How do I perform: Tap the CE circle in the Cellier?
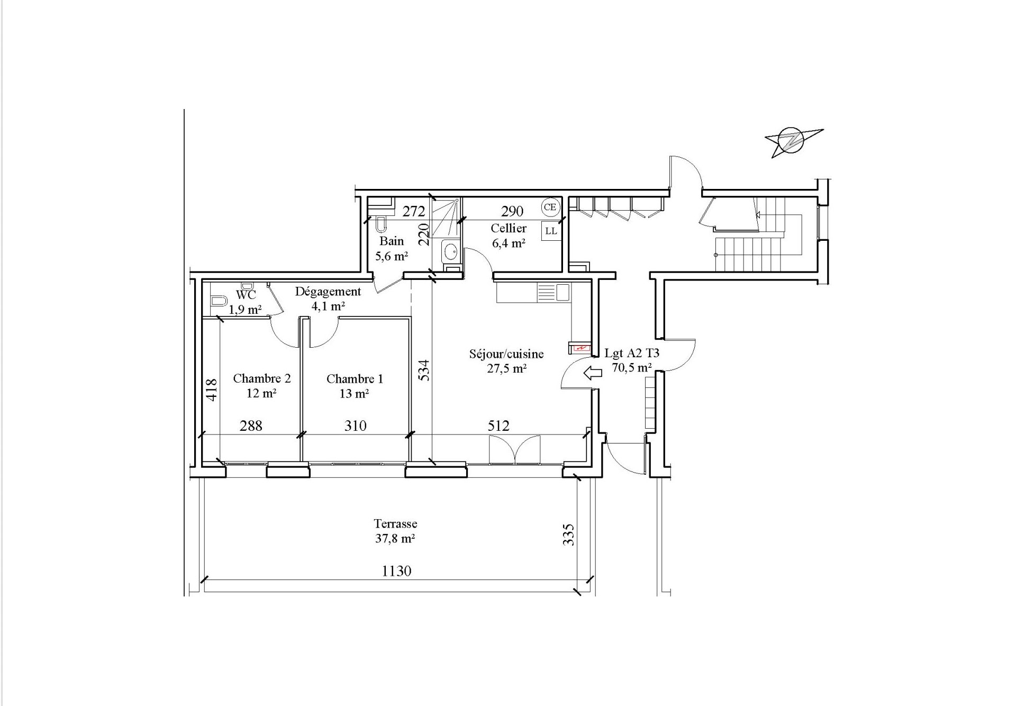(x=550, y=207)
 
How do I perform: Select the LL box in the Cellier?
(x=551, y=231)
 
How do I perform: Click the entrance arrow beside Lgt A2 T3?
(x=593, y=373)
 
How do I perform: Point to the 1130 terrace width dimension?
(x=396, y=571)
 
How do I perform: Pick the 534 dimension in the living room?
(x=424, y=371)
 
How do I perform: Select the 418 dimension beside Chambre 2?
(x=211, y=390)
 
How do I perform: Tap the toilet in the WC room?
(x=218, y=302)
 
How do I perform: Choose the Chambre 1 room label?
(x=355, y=379)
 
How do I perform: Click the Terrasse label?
(x=395, y=524)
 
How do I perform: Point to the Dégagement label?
(x=328, y=292)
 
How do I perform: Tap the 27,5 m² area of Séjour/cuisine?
(x=506, y=369)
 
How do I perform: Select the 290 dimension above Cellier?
(x=512, y=212)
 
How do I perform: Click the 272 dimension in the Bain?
(x=414, y=212)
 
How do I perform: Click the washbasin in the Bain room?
(x=450, y=251)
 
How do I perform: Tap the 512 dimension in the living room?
(x=498, y=426)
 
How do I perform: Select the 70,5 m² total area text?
(x=632, y=368)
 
